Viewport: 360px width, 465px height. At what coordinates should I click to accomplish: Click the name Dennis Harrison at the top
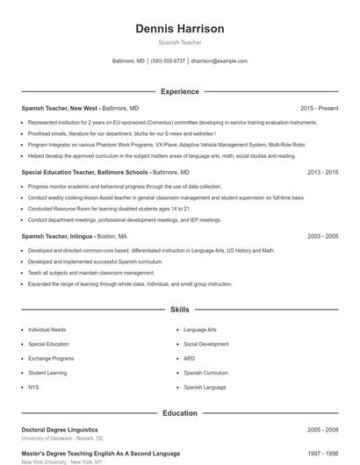click(x=179, y=28)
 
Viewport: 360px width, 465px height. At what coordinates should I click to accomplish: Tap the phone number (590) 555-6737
click(x=168, y=61)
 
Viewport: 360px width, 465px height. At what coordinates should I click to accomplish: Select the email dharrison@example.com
click(x=219, y=61)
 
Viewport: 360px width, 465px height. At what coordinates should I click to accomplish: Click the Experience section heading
click(x=179, y=91)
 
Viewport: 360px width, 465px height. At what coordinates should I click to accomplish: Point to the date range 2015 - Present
click(x=318, y=108)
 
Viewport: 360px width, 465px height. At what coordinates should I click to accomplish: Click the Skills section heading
click(x=179, y=310)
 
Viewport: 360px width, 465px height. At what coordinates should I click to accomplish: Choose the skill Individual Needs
click(x=47, y=330)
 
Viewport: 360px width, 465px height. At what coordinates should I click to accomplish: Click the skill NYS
click(x=33, y=387)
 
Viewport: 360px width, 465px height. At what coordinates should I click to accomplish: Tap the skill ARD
click(x=189, y=359)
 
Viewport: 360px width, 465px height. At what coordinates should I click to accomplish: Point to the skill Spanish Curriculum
click(x=205, y=373)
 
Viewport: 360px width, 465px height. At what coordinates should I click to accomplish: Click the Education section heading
click(x=179, y=412)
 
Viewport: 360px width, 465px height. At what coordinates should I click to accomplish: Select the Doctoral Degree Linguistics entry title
click(x=60, y=430)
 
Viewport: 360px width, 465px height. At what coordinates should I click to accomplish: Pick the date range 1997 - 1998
click(x=322, y=454)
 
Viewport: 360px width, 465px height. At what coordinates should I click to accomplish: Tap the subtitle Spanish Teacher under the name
click(x=179, y=42)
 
